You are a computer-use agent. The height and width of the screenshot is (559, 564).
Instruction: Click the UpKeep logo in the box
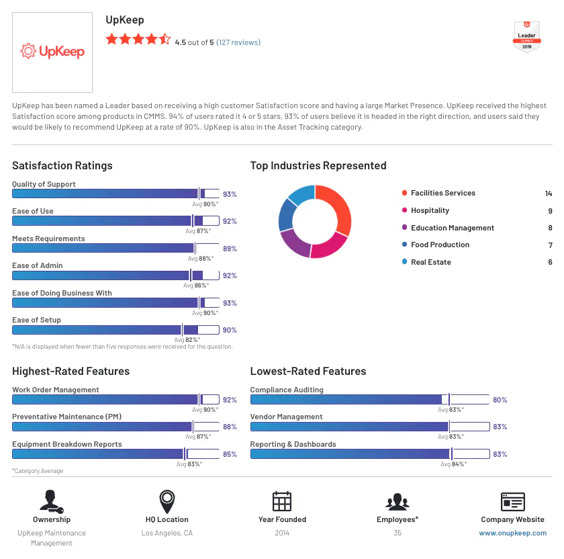tap(52, 51)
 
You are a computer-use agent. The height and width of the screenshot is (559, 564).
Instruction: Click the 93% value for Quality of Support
tap(230, 194)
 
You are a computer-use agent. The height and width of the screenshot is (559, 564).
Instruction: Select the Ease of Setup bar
tap(115, 330)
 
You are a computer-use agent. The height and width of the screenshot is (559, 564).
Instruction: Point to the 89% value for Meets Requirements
tap(230, 249)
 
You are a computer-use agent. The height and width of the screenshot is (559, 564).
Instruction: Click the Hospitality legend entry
tap(430, 210)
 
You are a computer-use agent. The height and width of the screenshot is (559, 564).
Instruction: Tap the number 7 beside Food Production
tap(550, 245)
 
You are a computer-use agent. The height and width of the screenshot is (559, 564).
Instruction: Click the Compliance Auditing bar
tap(370, 400)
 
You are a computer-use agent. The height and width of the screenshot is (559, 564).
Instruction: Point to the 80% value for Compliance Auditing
tap(500, 400)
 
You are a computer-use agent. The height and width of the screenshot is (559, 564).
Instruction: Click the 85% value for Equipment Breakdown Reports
tap(230, 454)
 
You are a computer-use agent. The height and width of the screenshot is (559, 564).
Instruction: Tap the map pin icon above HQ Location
tap(167, 502)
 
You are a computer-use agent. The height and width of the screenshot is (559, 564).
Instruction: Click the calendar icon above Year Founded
tap(282, 502)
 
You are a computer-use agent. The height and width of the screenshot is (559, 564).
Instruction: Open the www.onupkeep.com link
tap(512, 533)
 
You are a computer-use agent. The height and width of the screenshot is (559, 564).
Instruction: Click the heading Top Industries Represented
tap(318, 165)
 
